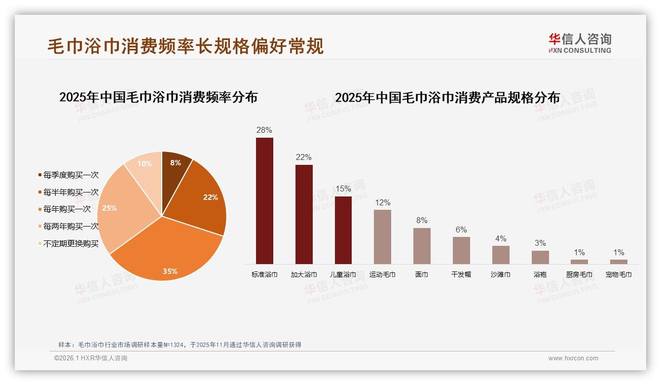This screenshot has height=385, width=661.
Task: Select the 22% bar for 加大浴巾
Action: coord(304,214)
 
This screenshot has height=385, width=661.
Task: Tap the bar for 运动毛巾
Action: coord(382,236)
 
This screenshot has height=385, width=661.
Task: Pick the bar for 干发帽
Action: coord(461,250)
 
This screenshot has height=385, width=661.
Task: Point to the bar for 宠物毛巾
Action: coord(619,262)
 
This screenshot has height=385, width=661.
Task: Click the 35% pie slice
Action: coord(168,247)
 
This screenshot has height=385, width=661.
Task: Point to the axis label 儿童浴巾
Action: coord(343,274)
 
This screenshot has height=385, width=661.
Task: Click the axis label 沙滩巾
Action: coord(501,274)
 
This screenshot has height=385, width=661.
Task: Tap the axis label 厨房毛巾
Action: coord(579,274)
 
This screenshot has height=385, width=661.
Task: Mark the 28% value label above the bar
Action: coord(264,130)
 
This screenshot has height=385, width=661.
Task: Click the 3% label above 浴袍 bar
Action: coord(540,243)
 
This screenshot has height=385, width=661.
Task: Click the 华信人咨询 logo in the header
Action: coord(580,43)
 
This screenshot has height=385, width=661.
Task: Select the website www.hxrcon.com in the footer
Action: coord(573,358)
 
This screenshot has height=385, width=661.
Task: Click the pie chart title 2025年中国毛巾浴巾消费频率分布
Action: coord(158,97)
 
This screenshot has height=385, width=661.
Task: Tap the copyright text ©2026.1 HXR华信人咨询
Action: coord(91,358)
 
